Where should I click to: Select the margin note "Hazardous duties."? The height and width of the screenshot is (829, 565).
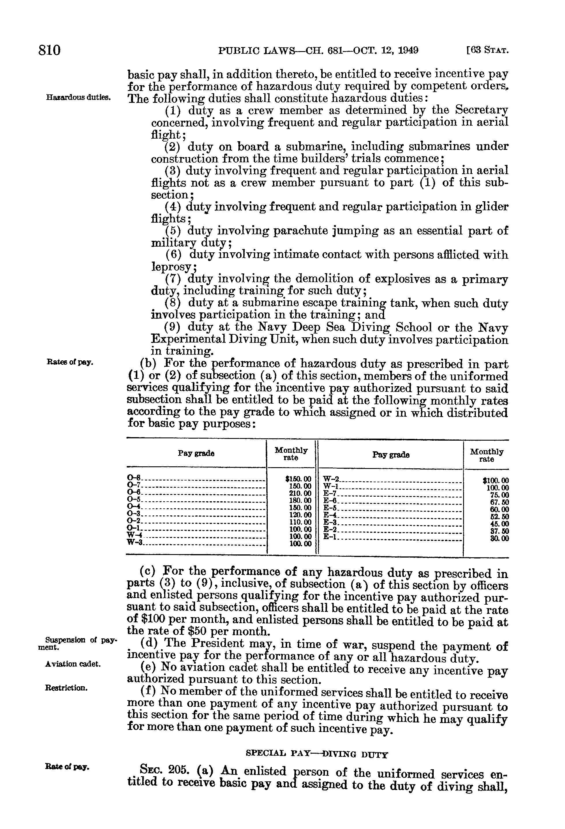coord(78,97)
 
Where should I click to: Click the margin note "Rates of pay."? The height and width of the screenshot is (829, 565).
coord(70,362)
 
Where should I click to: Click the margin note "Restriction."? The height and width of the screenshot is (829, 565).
coord(66,688)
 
